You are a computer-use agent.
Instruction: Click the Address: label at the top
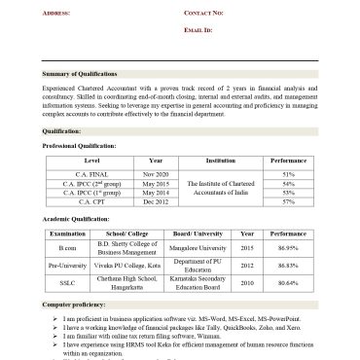(x=56, y=13)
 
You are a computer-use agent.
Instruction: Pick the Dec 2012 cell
(x=156, y=201)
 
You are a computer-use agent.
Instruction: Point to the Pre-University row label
(x=67, y=266)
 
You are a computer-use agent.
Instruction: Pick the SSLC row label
(x=67, y=282)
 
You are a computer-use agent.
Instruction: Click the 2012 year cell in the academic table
(x=247, y=266)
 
